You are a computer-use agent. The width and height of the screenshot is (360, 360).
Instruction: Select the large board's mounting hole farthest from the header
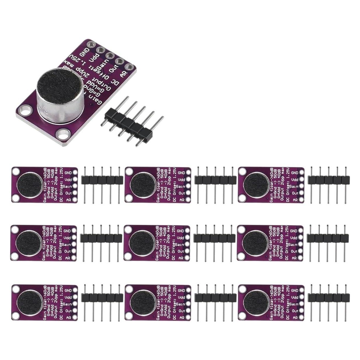[23, 111]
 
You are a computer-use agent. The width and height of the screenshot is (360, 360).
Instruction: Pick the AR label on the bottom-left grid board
[68, 318]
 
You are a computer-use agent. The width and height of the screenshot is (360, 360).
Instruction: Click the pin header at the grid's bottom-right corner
[329, 298]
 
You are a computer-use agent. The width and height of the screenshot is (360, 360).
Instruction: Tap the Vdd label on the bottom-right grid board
[295, 298]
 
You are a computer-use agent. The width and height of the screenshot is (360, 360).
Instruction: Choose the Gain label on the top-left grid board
[67, 186]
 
